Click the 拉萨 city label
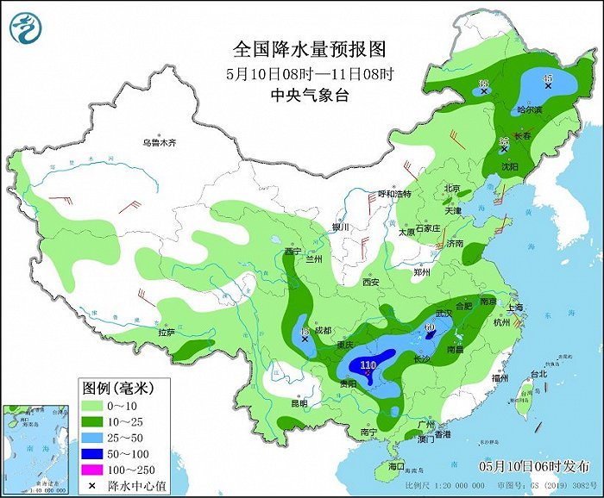(x=166, y=331)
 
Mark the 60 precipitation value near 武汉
(x=430, y=327)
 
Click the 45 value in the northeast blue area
(x=547, y=79)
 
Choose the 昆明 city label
(x=299, y=402)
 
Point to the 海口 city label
(x=396, y=466)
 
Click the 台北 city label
(x=538, y=374)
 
